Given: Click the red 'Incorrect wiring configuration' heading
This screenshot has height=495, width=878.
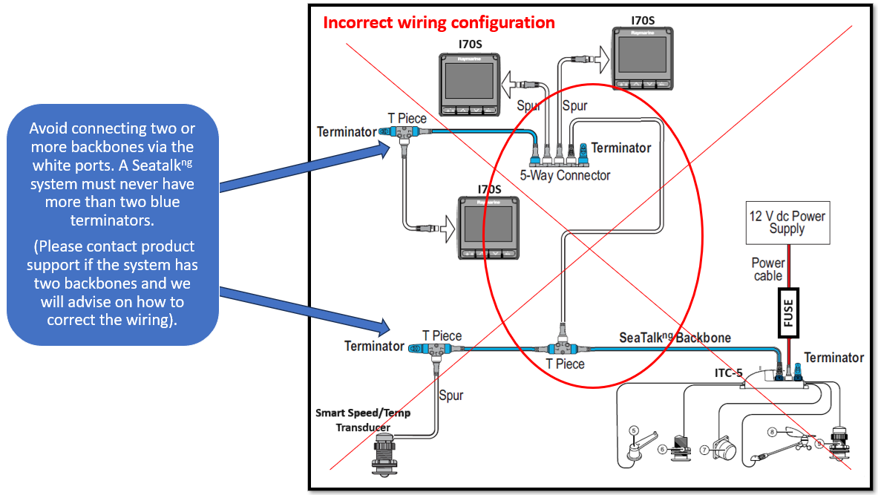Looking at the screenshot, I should pos(439,22).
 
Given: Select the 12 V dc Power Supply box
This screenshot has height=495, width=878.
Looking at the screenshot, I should pos(787,223).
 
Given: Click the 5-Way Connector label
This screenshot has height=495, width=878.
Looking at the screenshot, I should pos(565,175).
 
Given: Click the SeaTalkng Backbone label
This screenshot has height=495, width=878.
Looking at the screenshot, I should pos(675,338).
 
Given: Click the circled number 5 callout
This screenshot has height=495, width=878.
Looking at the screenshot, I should pos(634,430).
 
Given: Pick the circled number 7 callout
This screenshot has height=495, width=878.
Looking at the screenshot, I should pos(704,450).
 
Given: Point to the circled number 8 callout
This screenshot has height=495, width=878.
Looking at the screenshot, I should pos(772,431).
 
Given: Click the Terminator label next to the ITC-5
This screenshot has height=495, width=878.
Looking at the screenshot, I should pos(833,358).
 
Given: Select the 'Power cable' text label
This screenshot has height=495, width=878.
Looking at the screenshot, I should pos(767,269).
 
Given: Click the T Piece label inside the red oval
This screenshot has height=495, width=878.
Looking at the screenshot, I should pos(565,364).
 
